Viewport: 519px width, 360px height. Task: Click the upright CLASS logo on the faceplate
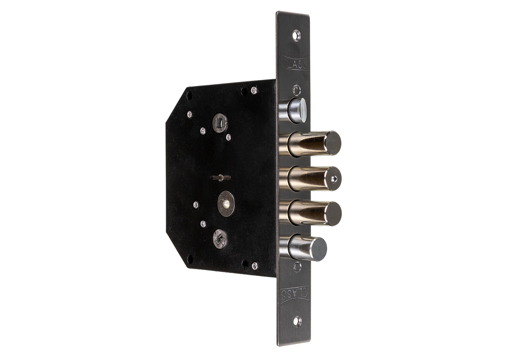pyautogui.click(x=294, y=62)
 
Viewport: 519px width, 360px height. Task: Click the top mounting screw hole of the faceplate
pyautogui.click(x=296, y=36)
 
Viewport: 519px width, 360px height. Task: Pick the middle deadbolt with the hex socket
pyautogui.click(x=310, y=179)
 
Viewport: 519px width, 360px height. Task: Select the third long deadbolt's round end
pyautogui.click(x=333, y=214)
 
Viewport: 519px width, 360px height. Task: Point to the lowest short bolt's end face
pyautogui.click(x=319, y=249)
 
